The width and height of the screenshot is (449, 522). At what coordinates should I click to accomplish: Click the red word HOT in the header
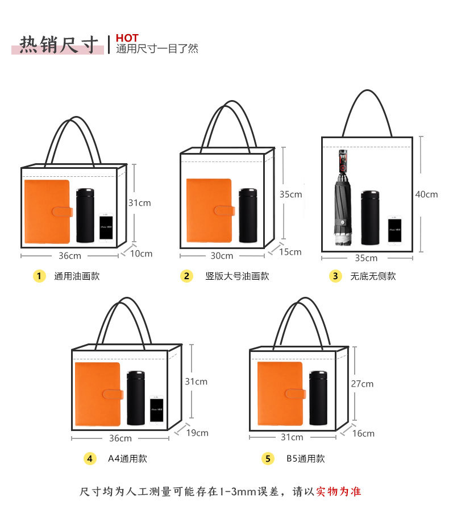[127, 38]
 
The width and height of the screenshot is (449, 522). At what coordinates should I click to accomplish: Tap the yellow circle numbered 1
[39, 276]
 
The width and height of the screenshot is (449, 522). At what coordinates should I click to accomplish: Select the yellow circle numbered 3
[335, 276]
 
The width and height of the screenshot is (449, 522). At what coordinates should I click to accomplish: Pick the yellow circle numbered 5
[268, 458]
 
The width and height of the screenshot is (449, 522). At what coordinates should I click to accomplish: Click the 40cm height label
[426, 194]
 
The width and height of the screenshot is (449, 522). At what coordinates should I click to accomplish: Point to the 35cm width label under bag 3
[366, 258]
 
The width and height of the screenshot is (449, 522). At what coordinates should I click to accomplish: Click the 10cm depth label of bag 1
[142, 254]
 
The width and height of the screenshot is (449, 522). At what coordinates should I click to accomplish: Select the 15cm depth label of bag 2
[290, 251]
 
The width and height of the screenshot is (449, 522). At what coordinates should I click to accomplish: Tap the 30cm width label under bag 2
[222, 256]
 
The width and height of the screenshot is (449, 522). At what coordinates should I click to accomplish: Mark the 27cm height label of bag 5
[362, 384]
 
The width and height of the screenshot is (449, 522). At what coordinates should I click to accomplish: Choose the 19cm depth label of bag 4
[197, 433]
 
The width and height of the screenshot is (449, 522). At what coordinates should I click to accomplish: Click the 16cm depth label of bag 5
[363, 433]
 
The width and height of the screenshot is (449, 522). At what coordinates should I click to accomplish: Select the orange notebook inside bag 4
[98, 394]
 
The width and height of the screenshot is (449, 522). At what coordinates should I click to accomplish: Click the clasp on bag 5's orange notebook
[296, 393]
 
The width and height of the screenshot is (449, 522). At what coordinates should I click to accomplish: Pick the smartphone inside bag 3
[395, 230]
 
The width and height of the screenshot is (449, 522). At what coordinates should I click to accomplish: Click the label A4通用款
[127, 458]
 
